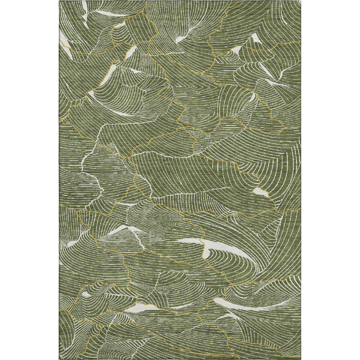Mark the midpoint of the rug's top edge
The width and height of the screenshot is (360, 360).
pos(180,1)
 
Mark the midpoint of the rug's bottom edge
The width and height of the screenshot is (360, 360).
pos(180,358)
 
